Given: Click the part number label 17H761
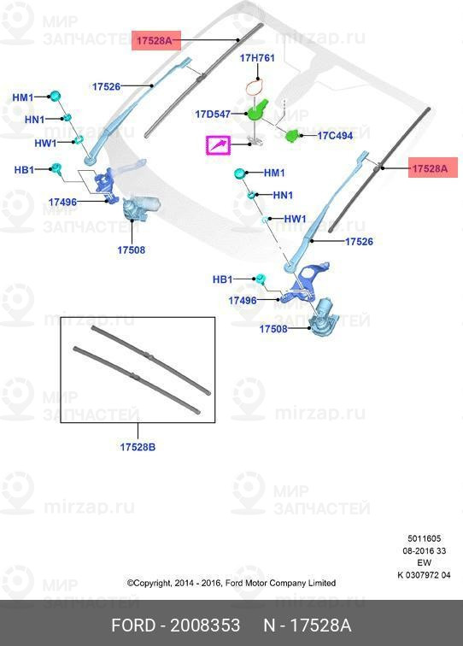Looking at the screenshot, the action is tap(257, 58).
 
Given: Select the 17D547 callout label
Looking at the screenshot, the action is tap(213, 114).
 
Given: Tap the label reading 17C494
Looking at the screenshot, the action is tap(335, 136).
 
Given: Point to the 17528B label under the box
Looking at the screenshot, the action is tap(138, 447).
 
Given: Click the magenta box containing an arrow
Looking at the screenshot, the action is tap(219, 145).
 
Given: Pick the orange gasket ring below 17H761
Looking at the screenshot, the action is tap(256, 88).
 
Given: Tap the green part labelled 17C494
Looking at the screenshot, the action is tap(293, 135).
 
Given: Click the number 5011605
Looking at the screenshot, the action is tap(424, 538).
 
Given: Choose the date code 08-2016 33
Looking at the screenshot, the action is tap(424, 551).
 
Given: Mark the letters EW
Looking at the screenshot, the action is tap(424, 563).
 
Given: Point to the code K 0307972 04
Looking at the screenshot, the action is tap(424, 575).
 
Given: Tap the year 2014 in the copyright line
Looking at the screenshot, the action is tap(183, 584).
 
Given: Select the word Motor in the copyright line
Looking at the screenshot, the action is tap(256, 584).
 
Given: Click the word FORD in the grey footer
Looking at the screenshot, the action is tap(133, 625).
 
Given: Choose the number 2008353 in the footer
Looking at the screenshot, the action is tap(205, 625).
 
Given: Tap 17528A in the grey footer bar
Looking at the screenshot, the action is tap(320, 625).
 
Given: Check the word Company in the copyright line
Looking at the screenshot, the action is tap(288, 584).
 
